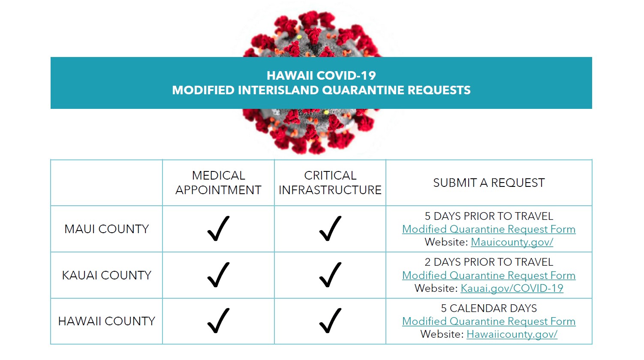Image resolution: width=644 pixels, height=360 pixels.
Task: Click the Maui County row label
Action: point(107,229)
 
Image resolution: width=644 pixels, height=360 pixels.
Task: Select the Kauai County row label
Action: point(107,275)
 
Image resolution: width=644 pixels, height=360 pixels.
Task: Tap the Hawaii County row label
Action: point(107,321)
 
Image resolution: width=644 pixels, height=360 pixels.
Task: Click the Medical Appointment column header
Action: point(219,183)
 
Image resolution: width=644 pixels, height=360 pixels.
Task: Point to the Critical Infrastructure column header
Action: point(330,183)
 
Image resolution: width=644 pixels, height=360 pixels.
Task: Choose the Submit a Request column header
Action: point(489,183)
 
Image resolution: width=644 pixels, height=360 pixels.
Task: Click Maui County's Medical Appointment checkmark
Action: point(219,228)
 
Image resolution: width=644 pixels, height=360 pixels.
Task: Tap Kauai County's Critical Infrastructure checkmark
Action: point(330,275)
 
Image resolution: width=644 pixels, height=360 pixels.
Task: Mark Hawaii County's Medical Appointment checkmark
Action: point(219,321)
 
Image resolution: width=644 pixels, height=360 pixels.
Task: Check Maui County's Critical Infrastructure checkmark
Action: point(330,228)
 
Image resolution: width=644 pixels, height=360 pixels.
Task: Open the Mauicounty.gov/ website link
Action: point(512,242)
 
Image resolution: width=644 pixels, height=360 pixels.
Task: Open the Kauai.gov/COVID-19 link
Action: point(512,288)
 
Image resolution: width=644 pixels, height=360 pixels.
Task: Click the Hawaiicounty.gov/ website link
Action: point(512,334)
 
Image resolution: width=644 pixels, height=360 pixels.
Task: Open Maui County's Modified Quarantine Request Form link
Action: point(489,229)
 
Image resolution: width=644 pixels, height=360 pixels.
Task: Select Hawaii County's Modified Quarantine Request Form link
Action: point(489,321)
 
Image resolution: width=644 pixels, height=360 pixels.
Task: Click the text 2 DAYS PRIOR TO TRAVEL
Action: point(489,262)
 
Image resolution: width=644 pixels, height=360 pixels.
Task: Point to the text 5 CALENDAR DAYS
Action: point(489,308)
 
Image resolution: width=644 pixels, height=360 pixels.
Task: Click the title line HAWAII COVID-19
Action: point(321,75)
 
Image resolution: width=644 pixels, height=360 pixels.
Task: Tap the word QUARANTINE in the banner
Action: point(363,90)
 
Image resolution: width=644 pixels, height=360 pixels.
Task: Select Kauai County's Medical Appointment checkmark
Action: point(219,275)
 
